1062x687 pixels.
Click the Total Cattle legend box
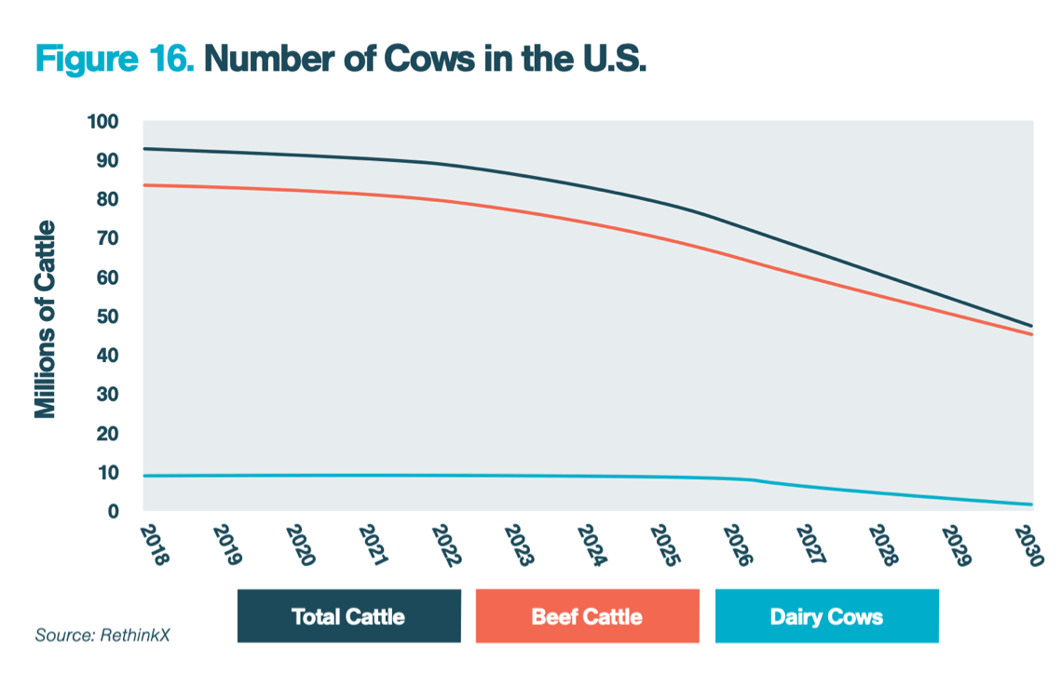348,616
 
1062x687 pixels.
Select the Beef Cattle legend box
587,616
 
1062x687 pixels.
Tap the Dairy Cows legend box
826,616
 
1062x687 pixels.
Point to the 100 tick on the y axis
102,122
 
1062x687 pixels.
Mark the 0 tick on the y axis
113,512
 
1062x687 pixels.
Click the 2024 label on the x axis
592,545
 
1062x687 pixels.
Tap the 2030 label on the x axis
1031,545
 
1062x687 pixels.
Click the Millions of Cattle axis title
46,319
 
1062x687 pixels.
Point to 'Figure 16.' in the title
115,59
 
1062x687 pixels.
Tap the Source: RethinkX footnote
103,636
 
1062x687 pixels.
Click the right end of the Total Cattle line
1032,326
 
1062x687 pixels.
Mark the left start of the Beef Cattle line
143,185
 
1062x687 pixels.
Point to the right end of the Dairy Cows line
1032,505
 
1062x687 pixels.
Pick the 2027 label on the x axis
811,545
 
